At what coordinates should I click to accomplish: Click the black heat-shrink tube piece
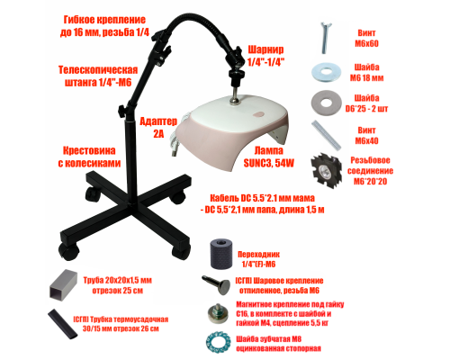(x=58, y=320)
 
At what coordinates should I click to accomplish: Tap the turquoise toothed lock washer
(x=215, y=341)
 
